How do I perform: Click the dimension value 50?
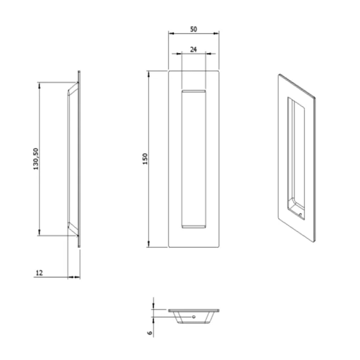coord(194,29)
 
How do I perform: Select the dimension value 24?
coord(194,50)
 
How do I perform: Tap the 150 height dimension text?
coord(145,159)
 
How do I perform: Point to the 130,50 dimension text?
coord(36,159)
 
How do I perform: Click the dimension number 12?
coord(39,273)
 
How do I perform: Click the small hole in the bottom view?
coord(194,317)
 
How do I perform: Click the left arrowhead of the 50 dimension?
coord(171,33)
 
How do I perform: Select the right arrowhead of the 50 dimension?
coord(217,33)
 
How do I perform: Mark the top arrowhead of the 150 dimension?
coord(148,73)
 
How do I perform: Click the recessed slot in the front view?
coord(194,158)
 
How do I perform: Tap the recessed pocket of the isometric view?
coord(296,158)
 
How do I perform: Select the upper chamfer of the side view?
coord(73,89)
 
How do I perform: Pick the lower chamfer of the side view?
coord(73,229)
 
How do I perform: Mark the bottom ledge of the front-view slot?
coord(194,226)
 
